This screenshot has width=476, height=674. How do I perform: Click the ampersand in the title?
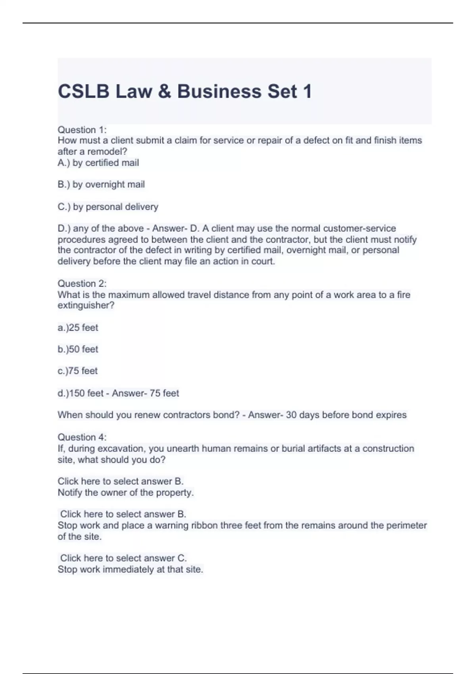164,92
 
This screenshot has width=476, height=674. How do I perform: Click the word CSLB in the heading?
83,92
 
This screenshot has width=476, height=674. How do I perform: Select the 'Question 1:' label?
82,130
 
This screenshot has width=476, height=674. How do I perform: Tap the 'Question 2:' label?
82,283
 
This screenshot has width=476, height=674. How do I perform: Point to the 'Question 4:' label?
82,437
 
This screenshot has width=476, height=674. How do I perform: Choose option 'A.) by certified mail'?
98,163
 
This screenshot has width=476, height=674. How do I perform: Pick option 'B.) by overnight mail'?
101,184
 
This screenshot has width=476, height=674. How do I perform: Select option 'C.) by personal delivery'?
108,207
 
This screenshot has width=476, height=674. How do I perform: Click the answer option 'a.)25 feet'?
78,327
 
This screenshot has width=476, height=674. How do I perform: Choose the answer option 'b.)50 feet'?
78,349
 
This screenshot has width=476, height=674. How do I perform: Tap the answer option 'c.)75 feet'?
78,371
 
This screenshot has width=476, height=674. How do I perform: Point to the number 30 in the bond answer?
291,415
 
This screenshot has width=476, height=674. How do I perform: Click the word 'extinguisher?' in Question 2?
86,306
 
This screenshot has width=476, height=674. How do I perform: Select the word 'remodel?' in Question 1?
107,151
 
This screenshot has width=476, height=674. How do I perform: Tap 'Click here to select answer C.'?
123,558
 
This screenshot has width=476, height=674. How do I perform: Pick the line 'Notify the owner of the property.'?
125,493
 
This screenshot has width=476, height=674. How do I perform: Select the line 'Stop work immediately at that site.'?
130,570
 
